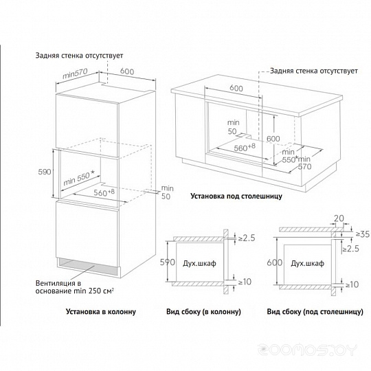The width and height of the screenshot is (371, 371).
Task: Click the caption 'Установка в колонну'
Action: pyautogui.click(x=101, y=311)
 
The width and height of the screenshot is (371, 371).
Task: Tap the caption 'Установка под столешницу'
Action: pyautogui.click(x=236, y=196)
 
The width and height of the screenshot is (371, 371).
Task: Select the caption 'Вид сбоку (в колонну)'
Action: pyautogui.click(x=203, y=311)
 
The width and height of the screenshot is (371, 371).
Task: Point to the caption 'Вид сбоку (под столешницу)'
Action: pyautogui.click(x=315, y=311)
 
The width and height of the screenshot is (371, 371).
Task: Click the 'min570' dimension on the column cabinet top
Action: pyautogui.click(x=75, y=74)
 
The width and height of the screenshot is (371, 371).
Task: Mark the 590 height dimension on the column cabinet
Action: pyautogui.click(x=45, y=172)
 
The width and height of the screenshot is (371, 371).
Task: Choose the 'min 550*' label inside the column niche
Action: pyautogui.click(x=79, y=179)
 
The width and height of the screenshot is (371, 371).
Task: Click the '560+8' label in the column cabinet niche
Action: pyautogui.click(x=104, y=192)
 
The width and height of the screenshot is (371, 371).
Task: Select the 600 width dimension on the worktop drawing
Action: pyautogui.click(x=236, y=88)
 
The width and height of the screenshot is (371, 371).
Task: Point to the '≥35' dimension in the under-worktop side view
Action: pyautogui.click(x=363, y=234)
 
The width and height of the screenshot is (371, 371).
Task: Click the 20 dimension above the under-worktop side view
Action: pyautogui.click(x=339, y=218)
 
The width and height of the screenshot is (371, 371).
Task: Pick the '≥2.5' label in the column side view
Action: pyautogui.click(x=247, y=238)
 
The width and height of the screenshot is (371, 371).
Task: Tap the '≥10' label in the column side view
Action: pyautogui.click(x=245, y=282)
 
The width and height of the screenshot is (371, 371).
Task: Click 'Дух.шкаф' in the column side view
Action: pyautogui.click(x=199, y=263)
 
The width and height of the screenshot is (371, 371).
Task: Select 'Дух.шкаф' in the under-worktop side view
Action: pyautogui.click(x=307, y=263)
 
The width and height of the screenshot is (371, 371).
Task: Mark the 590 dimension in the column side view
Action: pyautogui.click(x=168, y=262)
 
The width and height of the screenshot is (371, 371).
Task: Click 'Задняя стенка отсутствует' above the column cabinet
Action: pyautogui.click(x=79, y=56)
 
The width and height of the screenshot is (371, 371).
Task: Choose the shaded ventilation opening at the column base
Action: pyautogui.click(x=87, y=266)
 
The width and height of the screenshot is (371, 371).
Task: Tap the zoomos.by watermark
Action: pyautogui.click(x=307, y=350)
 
